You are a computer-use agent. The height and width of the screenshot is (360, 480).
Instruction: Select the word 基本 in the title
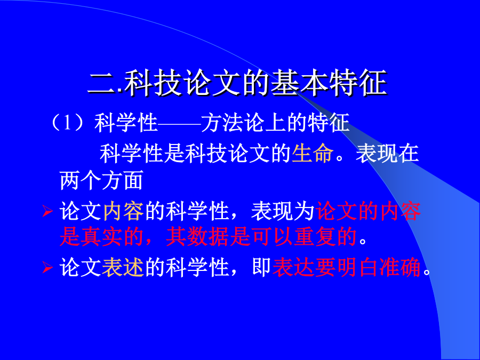[x=300, y=83]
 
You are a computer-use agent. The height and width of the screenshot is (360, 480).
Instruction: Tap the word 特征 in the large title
[x=358, y=83]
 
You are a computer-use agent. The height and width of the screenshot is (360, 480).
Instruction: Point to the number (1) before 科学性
[x=67, y=123]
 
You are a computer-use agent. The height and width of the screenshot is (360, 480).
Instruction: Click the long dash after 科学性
[x=179, y=123]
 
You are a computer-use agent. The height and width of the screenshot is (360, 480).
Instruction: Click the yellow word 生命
[x=312, y=153]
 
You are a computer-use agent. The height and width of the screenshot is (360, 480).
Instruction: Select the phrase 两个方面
[x=101, y=181]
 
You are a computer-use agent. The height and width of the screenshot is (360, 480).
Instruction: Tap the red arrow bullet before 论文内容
[x=47, y=211]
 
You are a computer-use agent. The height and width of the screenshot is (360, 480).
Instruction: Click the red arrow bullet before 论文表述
[x=47, y=267]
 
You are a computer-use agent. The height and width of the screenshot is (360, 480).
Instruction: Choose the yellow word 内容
[x=123, y=211]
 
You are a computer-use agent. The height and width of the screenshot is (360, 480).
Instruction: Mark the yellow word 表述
[x=123, y=268]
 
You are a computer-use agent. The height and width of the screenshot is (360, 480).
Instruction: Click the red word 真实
[x=91, y=237]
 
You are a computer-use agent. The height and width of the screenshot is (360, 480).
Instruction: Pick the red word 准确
[x=399, y=268]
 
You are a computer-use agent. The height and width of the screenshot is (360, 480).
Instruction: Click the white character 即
[x=261, y=268]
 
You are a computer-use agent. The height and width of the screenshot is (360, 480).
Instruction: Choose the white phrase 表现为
[x=283, y=211]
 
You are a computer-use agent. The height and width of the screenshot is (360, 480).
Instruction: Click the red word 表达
[x=293, y=268]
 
